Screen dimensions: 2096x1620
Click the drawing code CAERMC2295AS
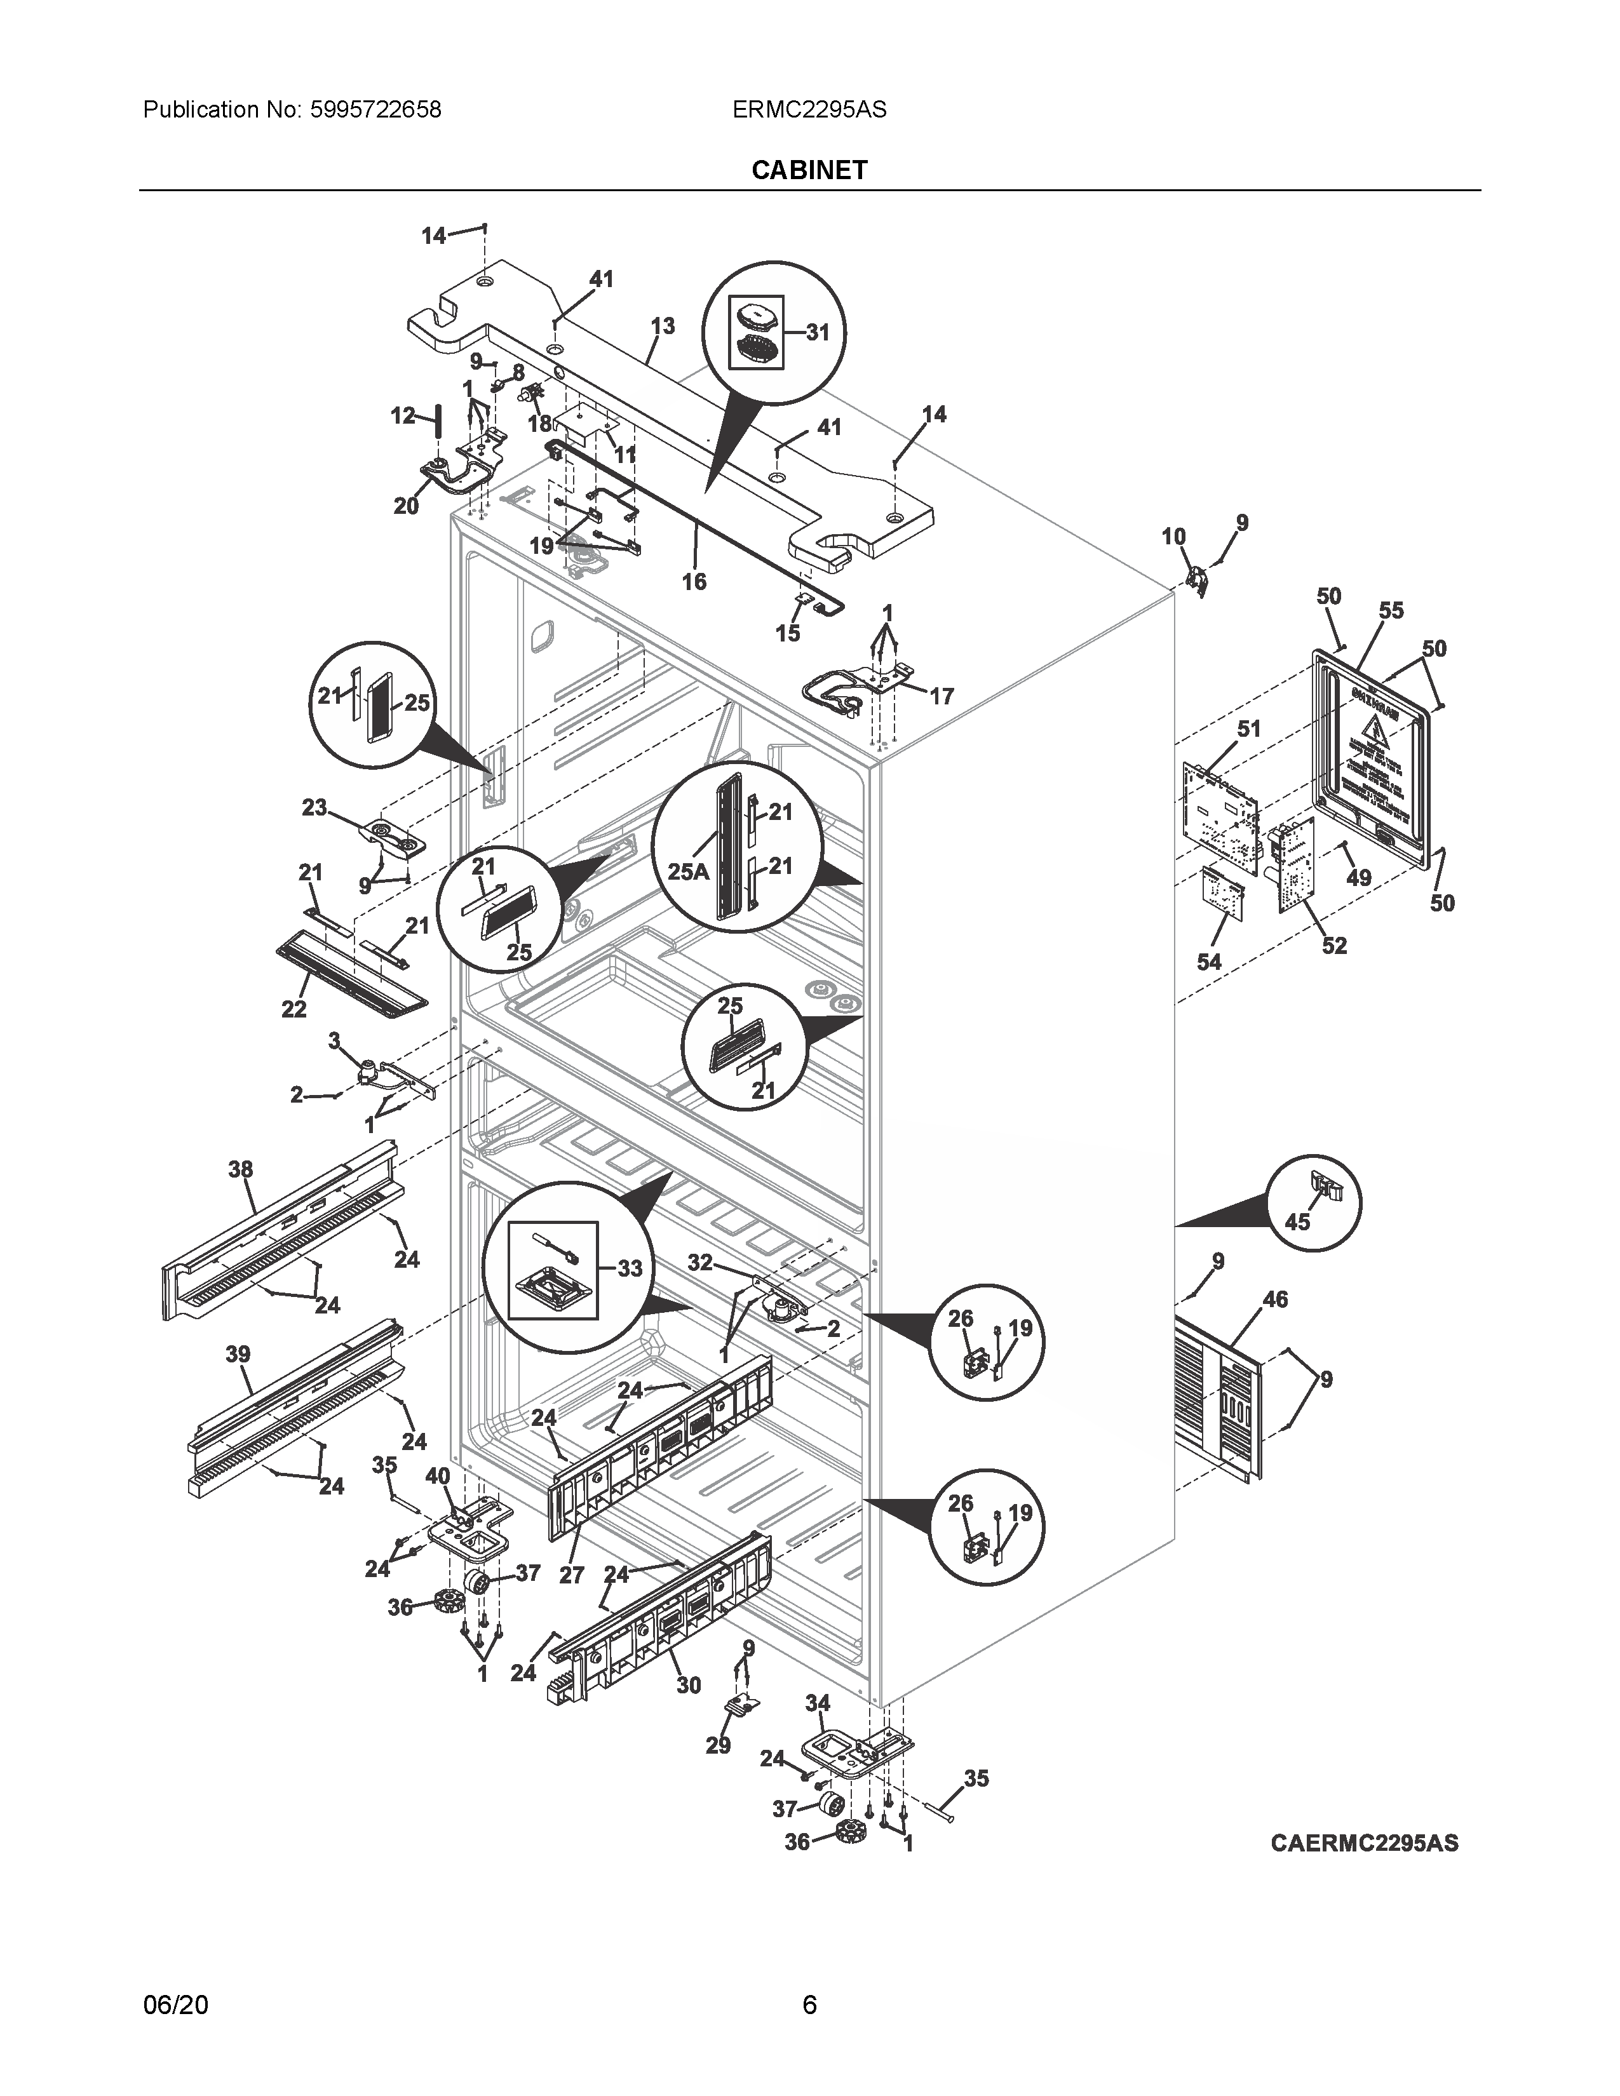coord(1364,1843)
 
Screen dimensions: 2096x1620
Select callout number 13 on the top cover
coord(662,326)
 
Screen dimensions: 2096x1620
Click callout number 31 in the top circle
coord(817,332)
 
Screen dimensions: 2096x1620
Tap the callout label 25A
coord(688,872)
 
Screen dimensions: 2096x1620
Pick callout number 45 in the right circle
coord(1297,1221)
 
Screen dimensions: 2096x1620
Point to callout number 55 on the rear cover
coord(1391,610)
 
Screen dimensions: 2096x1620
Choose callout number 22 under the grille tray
coord(294,1009)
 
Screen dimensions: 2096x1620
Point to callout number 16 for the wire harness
coord(693,582)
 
